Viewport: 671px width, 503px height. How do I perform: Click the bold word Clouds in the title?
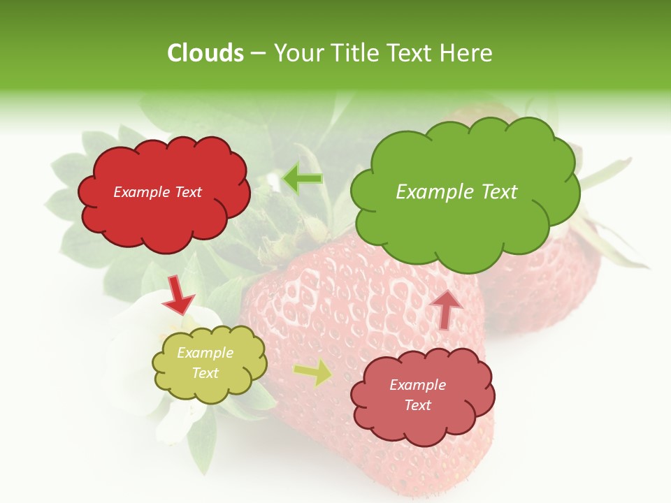[x=205, y=53]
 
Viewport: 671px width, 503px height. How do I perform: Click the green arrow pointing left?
[x=302, y=179]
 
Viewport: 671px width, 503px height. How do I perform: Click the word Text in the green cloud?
[x=497, y=191]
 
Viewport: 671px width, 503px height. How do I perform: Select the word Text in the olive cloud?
[x=205, y=373]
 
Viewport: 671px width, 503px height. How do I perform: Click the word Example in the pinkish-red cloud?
[x=417, y=385]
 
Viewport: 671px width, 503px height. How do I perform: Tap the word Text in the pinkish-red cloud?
[x=417, y=405]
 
